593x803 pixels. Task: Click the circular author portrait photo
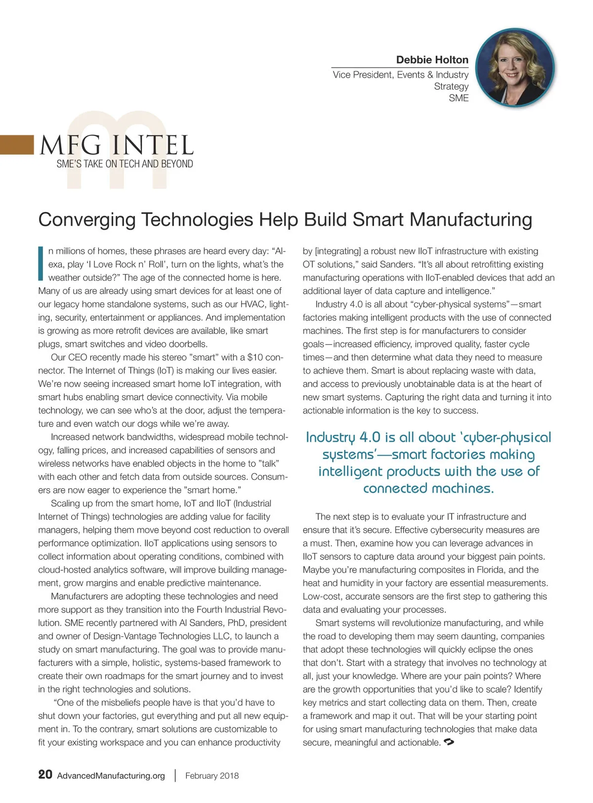(515, 67)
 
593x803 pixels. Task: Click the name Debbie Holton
(432, 60)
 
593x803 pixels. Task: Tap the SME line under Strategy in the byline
(459, 98)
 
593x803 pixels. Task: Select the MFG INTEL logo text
(117, 145)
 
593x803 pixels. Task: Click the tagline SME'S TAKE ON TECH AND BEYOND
(125, 164)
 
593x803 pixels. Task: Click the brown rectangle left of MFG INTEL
(17, 145)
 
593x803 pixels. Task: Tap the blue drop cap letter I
(41, 263)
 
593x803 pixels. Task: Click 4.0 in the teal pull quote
(370, 437)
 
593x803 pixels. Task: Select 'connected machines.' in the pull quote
(428, 488)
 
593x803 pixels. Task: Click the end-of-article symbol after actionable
(449, 742)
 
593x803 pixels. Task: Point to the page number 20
(45, 774)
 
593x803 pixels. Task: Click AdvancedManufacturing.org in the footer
(111, 776)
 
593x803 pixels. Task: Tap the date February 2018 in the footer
(212, 776)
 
